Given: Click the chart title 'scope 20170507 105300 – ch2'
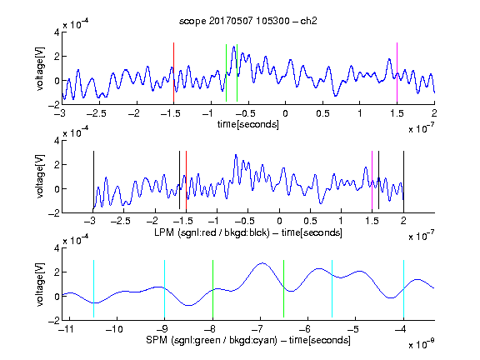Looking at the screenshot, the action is (248, 21).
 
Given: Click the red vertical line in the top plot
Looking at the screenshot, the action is (173, 72).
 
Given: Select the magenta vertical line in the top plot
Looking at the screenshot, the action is (397, 72).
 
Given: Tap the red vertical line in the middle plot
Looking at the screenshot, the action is (186, 180).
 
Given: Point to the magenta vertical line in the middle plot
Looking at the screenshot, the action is (372, 180).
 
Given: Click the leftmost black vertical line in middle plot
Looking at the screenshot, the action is (93, 180).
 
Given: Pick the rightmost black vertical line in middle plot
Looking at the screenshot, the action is (403, 180).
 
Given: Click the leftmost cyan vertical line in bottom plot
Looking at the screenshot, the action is (93, 288).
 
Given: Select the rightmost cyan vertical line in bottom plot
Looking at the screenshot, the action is (403, 288).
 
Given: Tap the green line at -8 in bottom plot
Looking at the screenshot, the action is (212, 288).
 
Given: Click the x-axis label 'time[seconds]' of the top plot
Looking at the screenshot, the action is (248, 124).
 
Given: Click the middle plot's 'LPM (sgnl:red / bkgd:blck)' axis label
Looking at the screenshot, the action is (212, 232).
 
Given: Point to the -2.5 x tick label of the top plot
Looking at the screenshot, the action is (96, 113).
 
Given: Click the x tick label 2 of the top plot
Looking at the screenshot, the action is (434, 113).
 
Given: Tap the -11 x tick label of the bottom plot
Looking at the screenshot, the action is (67, 329).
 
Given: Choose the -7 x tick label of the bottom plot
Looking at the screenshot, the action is (258, 329).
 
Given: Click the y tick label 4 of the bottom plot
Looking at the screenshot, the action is (57, 248).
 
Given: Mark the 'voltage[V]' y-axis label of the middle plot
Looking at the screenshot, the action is (40, 177).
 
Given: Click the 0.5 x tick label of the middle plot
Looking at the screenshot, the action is (310, 221).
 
